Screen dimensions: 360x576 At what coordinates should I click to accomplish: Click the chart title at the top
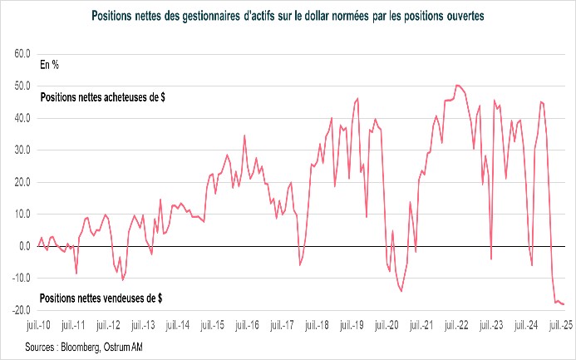(x=288, y=14)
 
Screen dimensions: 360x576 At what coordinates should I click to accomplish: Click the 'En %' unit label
(x=50, y=63)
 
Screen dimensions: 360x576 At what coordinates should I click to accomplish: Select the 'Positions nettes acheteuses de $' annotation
(x=102, y=96)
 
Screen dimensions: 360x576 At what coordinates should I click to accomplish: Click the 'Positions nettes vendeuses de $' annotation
(x=101, y=297)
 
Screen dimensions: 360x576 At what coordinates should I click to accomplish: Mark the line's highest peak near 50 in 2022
(x=457, y=85)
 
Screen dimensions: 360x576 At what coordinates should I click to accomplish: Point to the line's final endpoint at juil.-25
(x=564, y=304)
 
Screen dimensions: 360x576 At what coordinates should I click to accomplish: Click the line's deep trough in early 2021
(x=401, y=291)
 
